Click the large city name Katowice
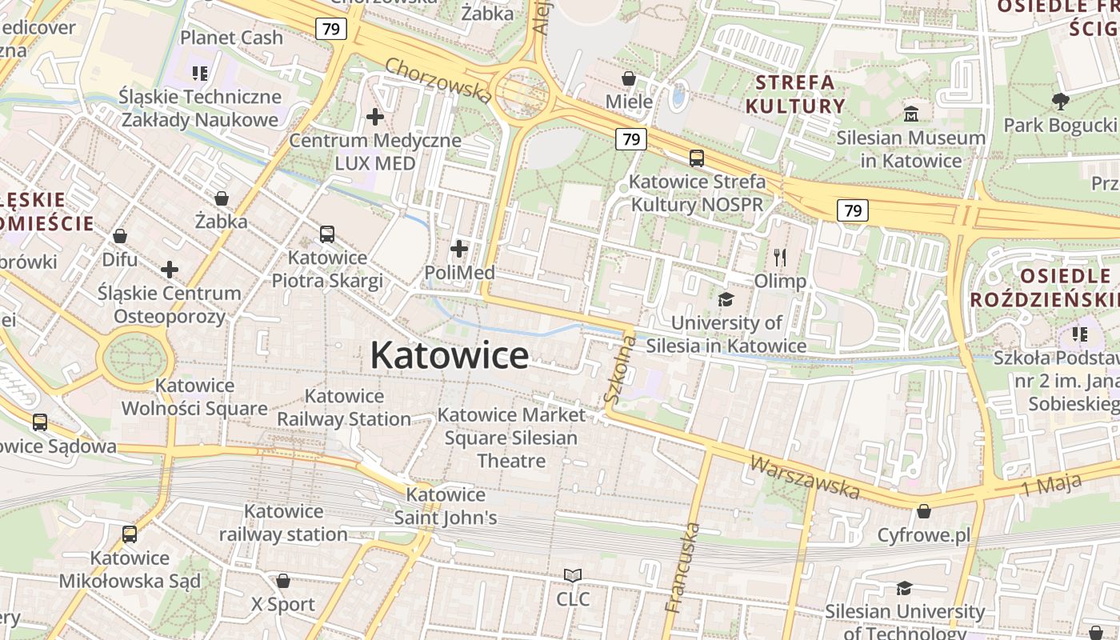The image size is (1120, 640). [449, 355]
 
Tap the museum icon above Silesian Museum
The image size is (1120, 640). [911, 114]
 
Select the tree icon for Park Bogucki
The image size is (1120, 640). [1060, 102]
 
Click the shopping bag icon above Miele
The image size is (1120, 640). [629, 78]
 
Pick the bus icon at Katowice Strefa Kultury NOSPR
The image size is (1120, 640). [697, 158]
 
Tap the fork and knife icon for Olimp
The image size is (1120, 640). [780, 258]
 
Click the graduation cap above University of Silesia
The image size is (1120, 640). [726, 299]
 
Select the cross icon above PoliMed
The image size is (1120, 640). [459, 249]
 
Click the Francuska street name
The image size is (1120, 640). [682, 567]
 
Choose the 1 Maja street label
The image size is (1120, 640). [1051, 485]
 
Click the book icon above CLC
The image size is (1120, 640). [573, 575]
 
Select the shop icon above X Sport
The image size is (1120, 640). [283, 581]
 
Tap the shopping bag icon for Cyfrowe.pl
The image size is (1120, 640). [924, 510]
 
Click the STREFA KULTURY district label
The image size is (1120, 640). [795, 94]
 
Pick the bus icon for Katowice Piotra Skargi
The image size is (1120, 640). [327, 234]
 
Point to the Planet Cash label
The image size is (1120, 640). [231, 38]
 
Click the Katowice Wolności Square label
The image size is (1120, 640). [194, 397]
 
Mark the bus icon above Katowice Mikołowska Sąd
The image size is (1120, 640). [130, 534]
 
